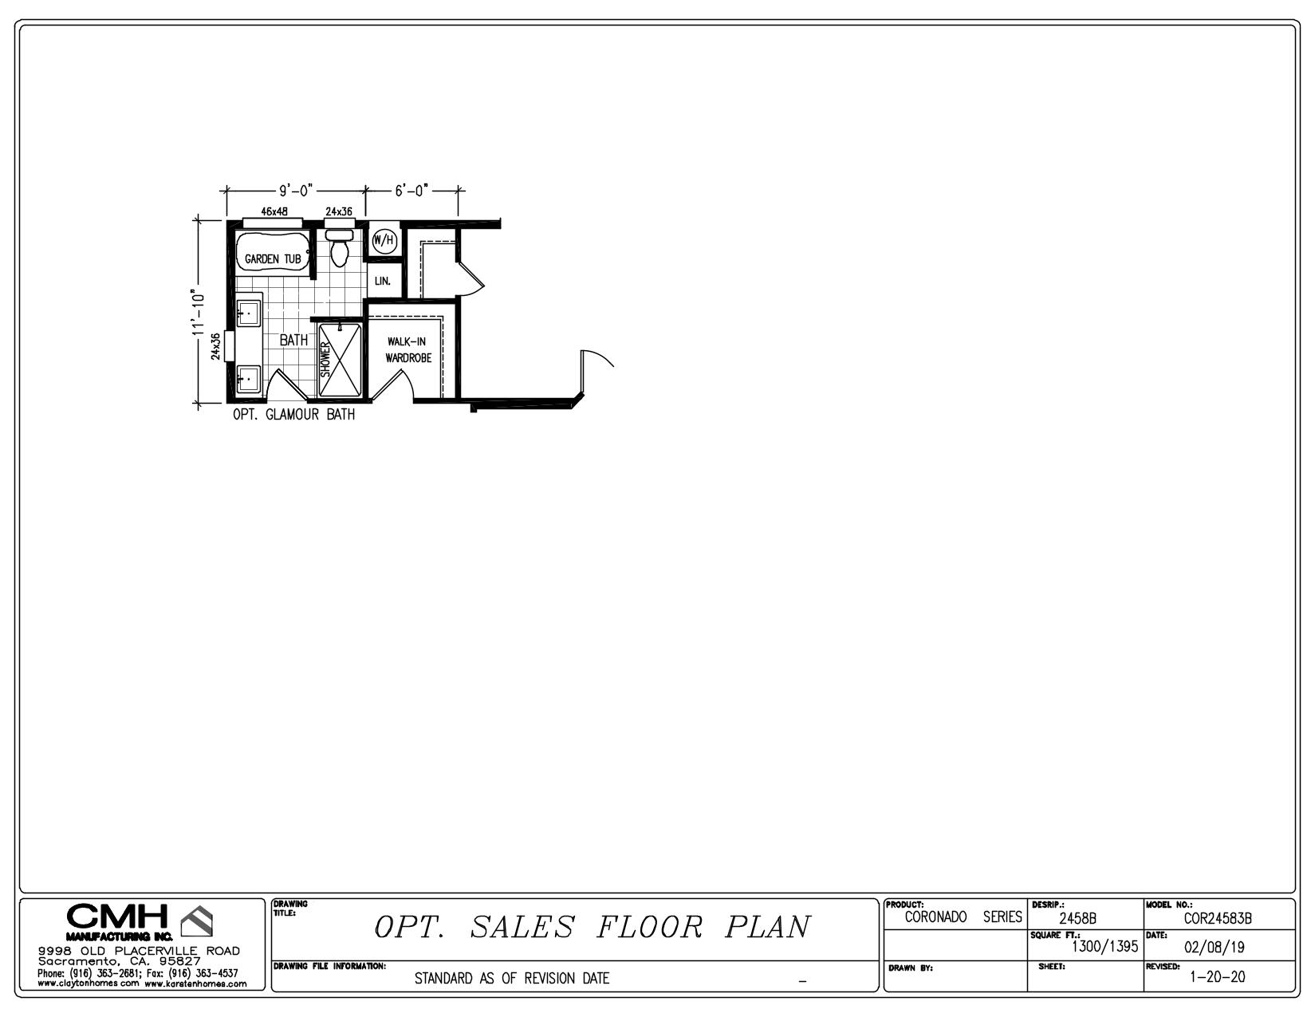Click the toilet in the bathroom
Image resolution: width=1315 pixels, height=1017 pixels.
[339, 248]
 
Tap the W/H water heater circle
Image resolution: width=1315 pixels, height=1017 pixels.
[384, 240]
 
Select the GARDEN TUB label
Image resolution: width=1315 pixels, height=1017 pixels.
[272, 259]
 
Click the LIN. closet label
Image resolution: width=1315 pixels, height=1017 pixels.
[383, 281]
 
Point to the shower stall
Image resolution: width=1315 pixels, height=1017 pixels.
[340, 361]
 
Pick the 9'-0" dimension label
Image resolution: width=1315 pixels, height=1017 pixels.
[296, 191]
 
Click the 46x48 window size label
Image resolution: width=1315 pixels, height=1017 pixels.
[274, 211]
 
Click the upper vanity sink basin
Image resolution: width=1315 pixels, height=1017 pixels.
[248, 313]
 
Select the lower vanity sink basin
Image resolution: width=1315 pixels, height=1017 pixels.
[248, 380]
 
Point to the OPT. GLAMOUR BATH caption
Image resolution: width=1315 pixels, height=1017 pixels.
[294, 415]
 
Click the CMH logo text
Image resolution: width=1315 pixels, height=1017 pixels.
[116, 916]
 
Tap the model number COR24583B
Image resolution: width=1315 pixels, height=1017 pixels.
[1218, 918]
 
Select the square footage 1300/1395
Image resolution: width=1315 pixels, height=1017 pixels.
[1105, 946]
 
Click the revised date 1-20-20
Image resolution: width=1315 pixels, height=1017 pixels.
[1218, 976]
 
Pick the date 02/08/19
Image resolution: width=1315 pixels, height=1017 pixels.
[1214, 947]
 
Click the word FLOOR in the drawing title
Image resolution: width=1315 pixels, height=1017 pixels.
[650, 927]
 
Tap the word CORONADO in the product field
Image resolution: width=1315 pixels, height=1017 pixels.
[935, 917]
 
